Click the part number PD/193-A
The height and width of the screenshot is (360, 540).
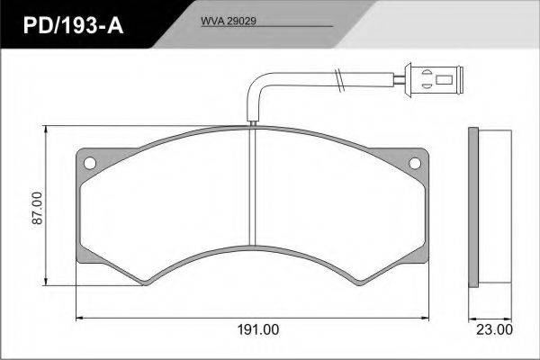click(x=73, y=25)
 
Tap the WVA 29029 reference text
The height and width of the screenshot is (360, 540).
click(x=229, y=21)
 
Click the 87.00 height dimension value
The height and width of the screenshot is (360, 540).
click(x=37, y=208)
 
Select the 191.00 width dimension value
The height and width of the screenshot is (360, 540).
click(x=258, y=329)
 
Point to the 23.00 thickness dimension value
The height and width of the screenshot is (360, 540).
click(x=494, y=329)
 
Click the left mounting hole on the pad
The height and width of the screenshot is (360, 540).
click(x=90, y=163)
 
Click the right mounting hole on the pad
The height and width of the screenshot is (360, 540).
click(x=415, y=163)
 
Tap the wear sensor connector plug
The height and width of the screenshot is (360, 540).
click(x=434, y=80)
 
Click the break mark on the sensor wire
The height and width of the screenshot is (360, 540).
click(x=339, y=80)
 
